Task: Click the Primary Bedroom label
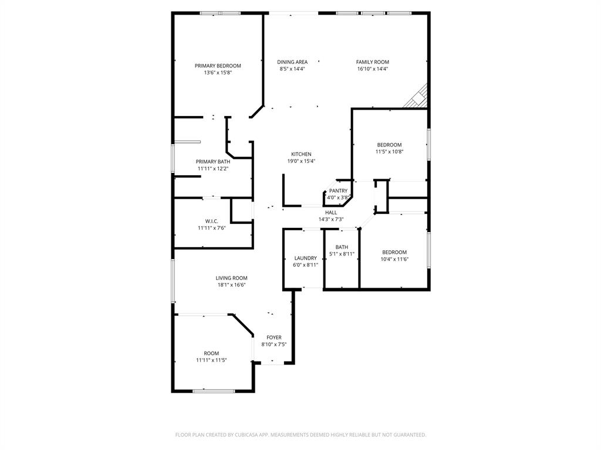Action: point(218,66)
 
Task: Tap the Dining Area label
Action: point(292,62)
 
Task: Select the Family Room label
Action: point(373,62)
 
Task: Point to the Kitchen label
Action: point(301,154)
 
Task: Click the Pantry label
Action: point(338,191)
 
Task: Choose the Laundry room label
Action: point(306,258)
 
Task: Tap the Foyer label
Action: point(274,337)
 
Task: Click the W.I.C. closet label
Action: point(212,221)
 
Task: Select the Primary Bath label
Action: point(213,162)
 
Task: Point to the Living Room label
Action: point(231,278)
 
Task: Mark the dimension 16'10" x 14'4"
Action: point(373,69)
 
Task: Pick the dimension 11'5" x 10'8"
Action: point(390,152)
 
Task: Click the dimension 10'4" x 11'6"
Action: point(394,259)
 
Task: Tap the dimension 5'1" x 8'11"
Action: point(342,254)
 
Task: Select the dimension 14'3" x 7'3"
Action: point(331,219)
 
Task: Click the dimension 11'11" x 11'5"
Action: point(211,360)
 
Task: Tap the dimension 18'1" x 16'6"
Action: point(231,285)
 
